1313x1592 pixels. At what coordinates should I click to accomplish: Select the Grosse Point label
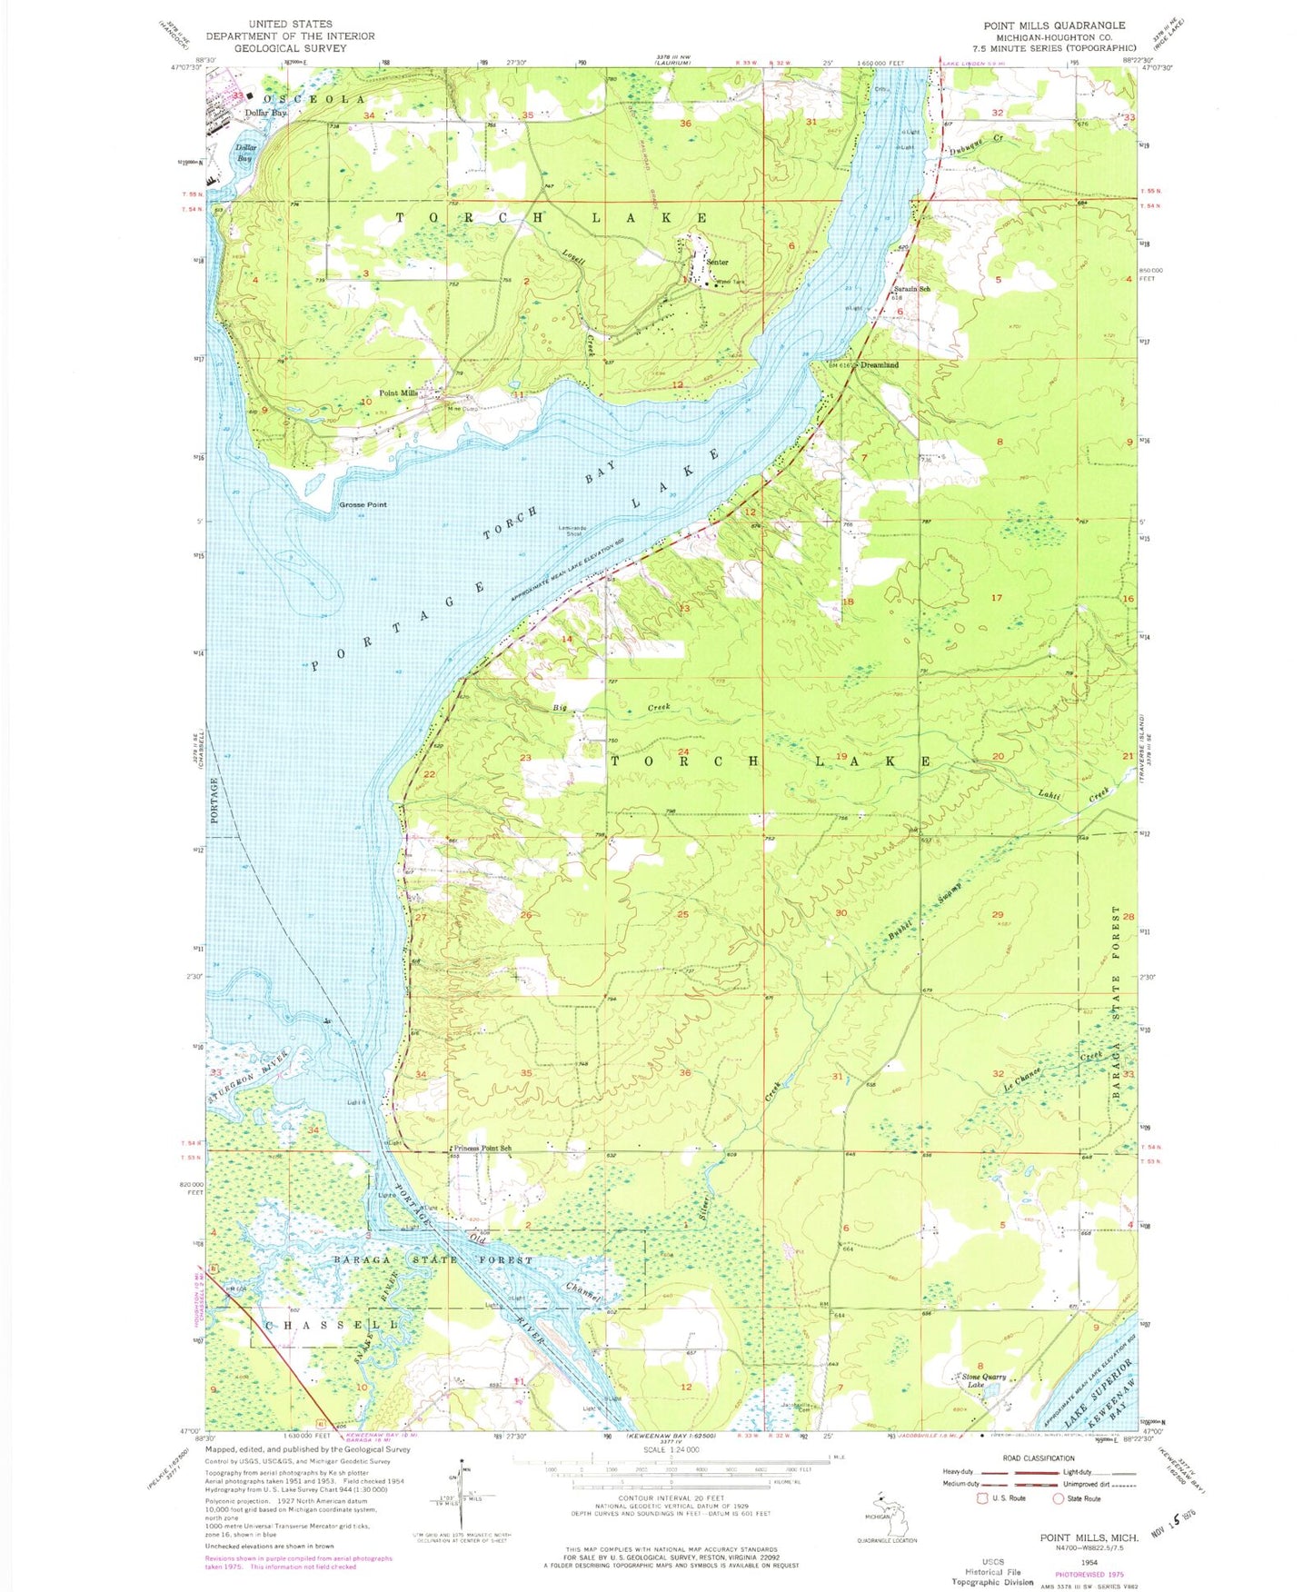pyautogui.click(x=363, y=505)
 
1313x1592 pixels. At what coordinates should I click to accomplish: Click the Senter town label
pyautogui.click(x=717, y=263)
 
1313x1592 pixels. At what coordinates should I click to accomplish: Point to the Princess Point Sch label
pyautogui.click(x=482, y=1149)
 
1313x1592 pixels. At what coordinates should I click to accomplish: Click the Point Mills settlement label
pyautogui.click(x=398, y=393)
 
